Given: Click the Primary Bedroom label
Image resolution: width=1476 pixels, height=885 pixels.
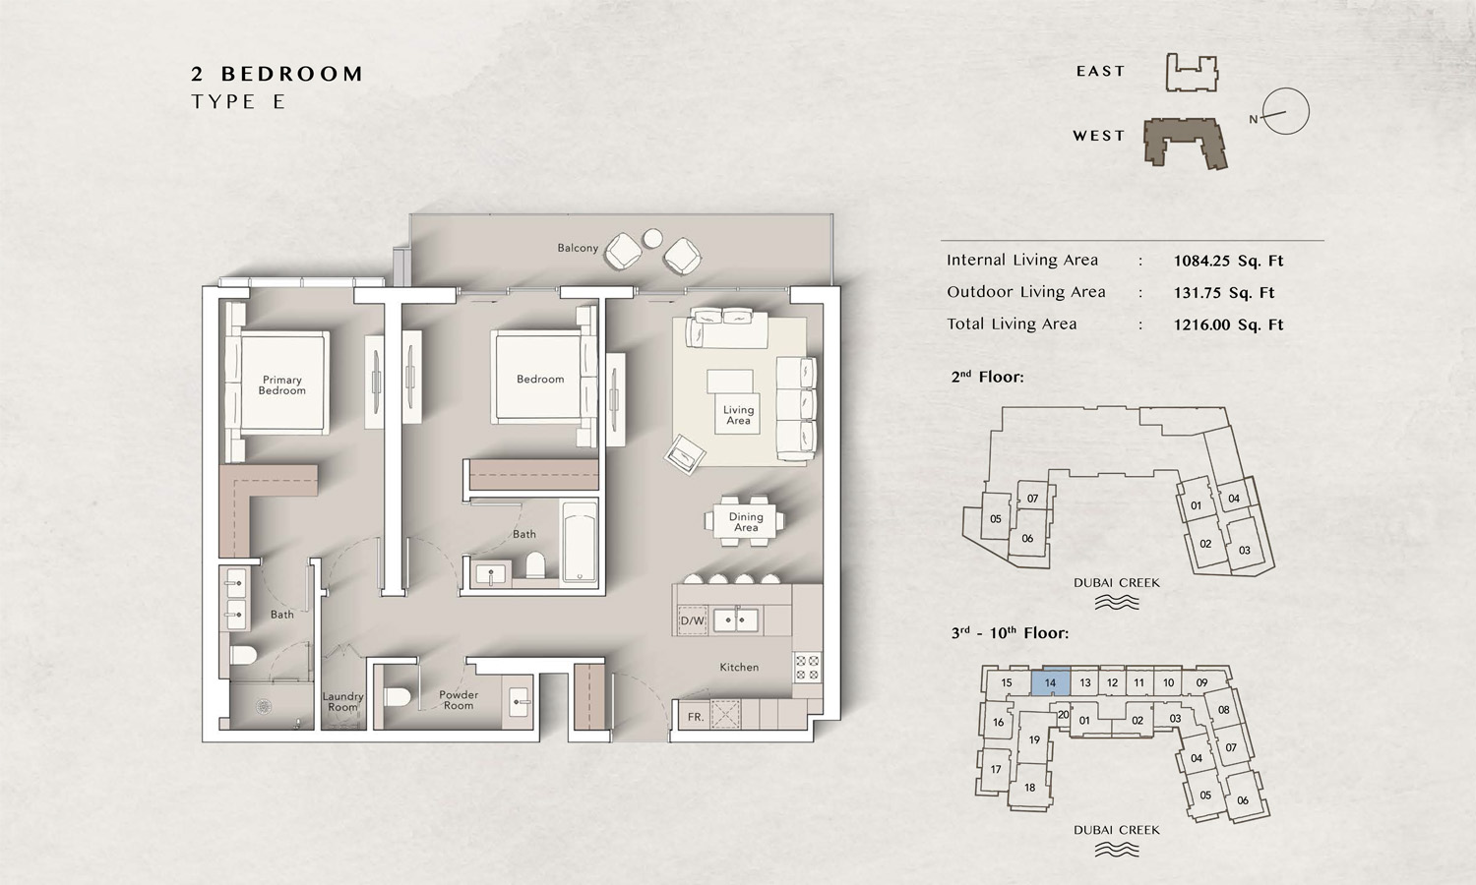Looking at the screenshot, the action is (x=282, y=385).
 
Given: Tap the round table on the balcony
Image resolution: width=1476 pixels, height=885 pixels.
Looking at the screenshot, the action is (x=653, y=238).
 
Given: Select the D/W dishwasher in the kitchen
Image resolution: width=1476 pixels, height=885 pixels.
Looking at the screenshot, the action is (x=693, y=620).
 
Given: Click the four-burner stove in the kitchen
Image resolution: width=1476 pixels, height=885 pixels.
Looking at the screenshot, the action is (x=807, y=667).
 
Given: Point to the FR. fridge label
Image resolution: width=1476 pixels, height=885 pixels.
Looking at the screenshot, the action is (x=696, y=717).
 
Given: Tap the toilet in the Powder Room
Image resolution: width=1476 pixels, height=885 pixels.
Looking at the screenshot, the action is (x=398, y=696).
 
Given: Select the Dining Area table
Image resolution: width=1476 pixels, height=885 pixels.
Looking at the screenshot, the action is (x=746, y=521).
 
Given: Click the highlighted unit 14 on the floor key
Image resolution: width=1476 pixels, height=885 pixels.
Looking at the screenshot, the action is (x=1050, y=682).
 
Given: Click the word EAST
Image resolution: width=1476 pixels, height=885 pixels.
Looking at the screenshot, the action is (x=1100, y=71).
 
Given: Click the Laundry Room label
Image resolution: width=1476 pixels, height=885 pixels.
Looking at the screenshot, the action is (x=342, y=701).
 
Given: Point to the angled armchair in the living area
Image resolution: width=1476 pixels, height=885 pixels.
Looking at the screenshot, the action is (x=685, y=453).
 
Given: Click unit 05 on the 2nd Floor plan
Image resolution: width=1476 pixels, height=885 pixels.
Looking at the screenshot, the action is (x=996, y=519).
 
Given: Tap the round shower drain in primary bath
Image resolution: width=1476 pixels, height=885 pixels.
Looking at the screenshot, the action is (x=264, y=707).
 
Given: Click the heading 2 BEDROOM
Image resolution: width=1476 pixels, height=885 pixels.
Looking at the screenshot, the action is (x=277, y=74).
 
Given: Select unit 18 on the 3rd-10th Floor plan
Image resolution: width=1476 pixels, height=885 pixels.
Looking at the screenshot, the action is (x=1030, y=787).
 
